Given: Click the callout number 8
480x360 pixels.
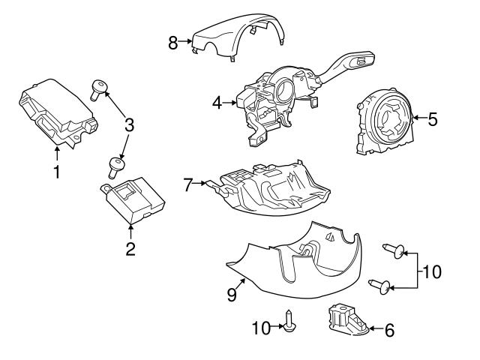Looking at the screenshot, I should pos(172,43).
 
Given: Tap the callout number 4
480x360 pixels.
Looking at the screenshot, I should pos(217,103).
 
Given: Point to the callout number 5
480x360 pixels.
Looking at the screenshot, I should pos(431,118).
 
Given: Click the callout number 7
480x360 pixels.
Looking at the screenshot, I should pos(189,182).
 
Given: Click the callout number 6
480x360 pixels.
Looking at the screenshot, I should pos(388,328).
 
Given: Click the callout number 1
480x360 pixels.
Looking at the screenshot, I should pos(55,172).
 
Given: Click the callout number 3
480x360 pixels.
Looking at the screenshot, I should pos(129,125).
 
